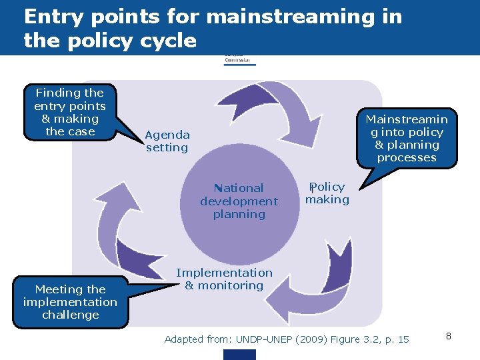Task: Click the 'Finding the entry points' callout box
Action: pos(70,112)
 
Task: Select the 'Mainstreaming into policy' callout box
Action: pos(406,139)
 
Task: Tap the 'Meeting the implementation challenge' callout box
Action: pos(70,302)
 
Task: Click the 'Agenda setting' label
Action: pos(167,141)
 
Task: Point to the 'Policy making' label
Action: pos(327,193)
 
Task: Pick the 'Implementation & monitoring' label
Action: pos(224,279)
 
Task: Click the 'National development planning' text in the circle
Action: pos(239,201)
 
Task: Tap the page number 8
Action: pos(449,336)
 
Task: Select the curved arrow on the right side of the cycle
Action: pos(340,267)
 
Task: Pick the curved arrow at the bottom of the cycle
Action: pos(293,300)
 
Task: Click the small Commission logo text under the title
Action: pos(239,59)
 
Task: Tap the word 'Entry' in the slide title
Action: pos(56,17)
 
